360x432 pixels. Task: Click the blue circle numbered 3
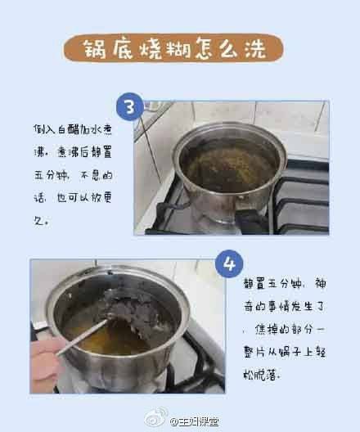coord(130,106)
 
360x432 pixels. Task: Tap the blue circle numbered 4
coord(229,264)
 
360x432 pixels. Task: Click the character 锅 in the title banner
coord(94,48)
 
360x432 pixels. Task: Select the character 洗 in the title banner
coord(255,48)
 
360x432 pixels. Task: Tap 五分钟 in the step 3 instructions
coord(52,175)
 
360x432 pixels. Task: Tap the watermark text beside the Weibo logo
coord(195,421)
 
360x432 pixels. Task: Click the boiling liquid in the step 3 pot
coord(227,167)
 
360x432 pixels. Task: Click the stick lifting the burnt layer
coord(83,336)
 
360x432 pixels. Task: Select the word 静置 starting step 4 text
coord(254,283)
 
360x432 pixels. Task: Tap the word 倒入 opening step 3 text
coord(45,129)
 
